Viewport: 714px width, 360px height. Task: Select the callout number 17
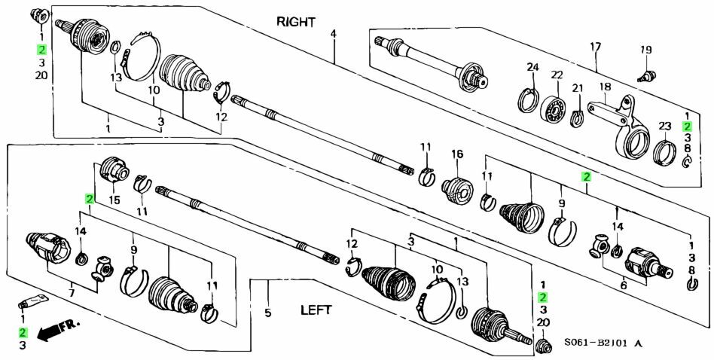(595, 47)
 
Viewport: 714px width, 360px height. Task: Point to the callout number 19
(645, 50)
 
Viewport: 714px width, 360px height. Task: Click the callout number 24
(532, 68)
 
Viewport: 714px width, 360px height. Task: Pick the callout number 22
(557, 75)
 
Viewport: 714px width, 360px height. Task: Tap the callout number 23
(664, 126)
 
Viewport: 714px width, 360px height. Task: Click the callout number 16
(456, 154)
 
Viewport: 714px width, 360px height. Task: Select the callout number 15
(114, 200)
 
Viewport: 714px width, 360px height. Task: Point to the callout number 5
(267, 313)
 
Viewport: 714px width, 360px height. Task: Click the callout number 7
(72, 291)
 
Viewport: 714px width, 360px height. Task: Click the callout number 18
(603, 87)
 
